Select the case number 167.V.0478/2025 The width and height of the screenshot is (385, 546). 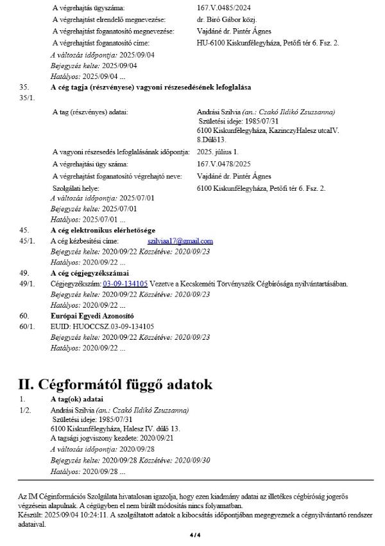point(222,164)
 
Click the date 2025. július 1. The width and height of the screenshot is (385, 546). point(217,152)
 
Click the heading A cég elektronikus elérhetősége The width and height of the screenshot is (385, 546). point(102,230)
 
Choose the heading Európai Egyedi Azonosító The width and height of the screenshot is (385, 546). point(92,316)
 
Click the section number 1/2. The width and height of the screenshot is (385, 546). point(26,409)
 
